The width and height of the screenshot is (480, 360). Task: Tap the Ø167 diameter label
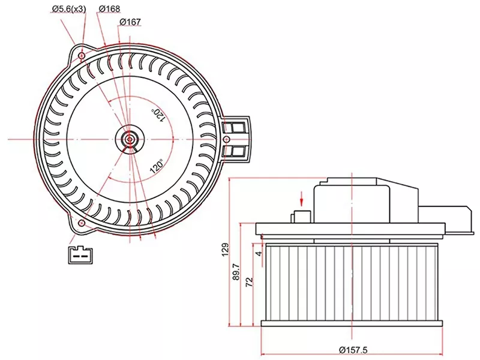coord(130,22)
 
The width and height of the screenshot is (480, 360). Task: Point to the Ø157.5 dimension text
coord(353,350)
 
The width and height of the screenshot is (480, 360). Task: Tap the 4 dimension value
coord(259,254)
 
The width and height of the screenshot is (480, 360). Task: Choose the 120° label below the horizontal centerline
coord(157,165)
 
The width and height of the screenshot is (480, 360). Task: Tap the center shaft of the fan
coord(130,139)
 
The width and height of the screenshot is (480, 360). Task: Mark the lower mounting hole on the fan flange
coord(81,224)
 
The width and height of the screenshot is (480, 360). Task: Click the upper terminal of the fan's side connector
coord(236,127)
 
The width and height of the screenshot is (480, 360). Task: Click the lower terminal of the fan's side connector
coord(236,150)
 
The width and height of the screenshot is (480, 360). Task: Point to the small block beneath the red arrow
coord(301,217)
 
